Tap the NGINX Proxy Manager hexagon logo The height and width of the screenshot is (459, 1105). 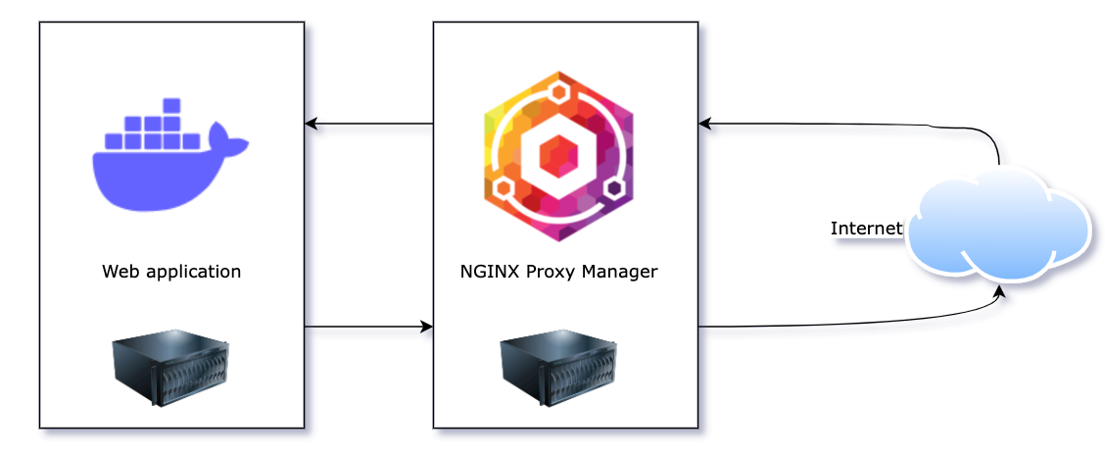pos(558,155)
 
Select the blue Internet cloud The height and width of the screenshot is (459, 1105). pos(998,226)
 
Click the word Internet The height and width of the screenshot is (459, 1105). pos(866,229)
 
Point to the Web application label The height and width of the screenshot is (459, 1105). pos(171,272)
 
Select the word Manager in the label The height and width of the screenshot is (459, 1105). pos(624,272)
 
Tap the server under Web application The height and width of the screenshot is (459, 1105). pos(170,368)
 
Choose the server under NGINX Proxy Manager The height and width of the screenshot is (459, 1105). pos(558,368)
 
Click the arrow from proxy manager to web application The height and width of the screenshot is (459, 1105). pos(368,124)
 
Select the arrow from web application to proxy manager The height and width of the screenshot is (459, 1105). pos(368,327)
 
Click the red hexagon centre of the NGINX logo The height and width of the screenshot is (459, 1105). pos(558,155)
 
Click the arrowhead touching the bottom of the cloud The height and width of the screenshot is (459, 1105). pos(999,291)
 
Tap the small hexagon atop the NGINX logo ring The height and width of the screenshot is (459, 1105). pos(558,93)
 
